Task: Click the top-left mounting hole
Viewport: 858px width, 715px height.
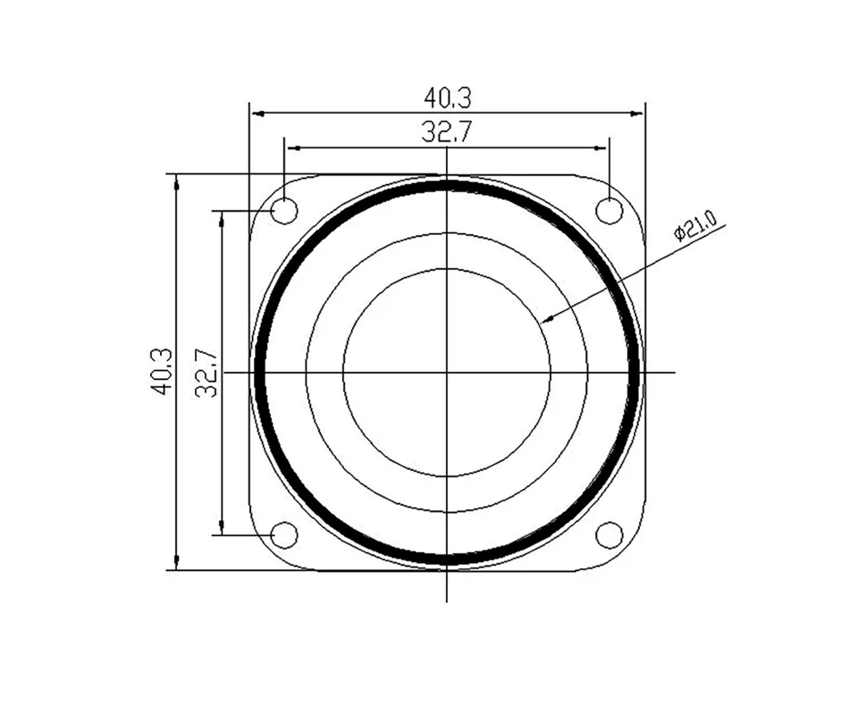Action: [x=284, y=211]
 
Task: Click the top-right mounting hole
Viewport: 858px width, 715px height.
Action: [x=609, y=211]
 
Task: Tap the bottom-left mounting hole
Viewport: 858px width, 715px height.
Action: [x=284, y=534]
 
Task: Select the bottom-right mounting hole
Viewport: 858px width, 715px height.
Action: [x=609, y=534]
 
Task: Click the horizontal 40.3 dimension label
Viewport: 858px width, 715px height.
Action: [x=448, y=98]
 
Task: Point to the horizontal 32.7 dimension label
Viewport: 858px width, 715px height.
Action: [x=446, y=132]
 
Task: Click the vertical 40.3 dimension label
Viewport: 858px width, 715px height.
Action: [x=163, y=372]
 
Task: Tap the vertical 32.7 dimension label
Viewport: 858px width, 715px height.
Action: [x=206, y=374]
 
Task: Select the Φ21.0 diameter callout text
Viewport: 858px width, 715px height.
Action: [x=695, y=225]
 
